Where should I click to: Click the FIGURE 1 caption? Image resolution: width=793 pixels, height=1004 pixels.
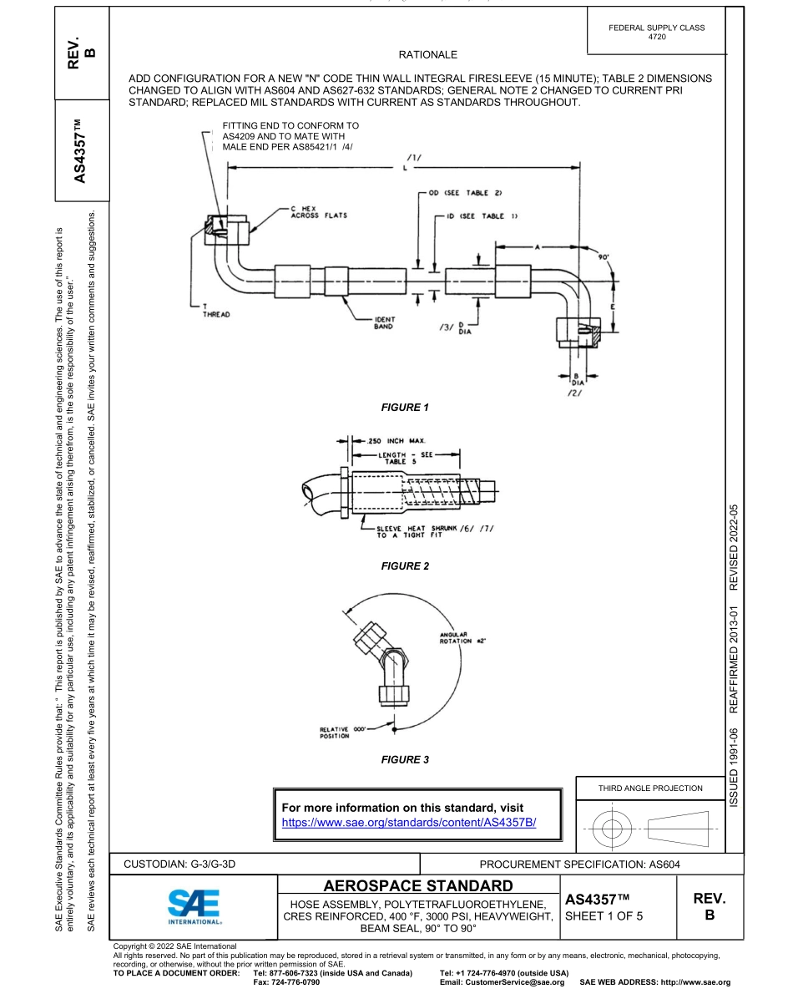[404, 408]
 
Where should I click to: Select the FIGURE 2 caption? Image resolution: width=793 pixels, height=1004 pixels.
[404, 566]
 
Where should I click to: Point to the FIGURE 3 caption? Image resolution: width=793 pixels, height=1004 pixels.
[404, 759]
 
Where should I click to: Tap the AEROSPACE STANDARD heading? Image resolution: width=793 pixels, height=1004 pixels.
[417, 885]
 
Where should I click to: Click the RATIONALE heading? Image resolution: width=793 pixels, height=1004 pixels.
[427, 55]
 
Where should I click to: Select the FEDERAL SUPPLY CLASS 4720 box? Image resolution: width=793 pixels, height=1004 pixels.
[657, 32]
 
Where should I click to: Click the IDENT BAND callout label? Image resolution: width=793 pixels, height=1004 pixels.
[384, 322]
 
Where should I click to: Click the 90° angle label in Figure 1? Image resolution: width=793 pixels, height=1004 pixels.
[603, 258]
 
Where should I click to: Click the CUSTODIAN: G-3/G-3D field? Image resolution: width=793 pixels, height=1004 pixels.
[180, 863]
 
